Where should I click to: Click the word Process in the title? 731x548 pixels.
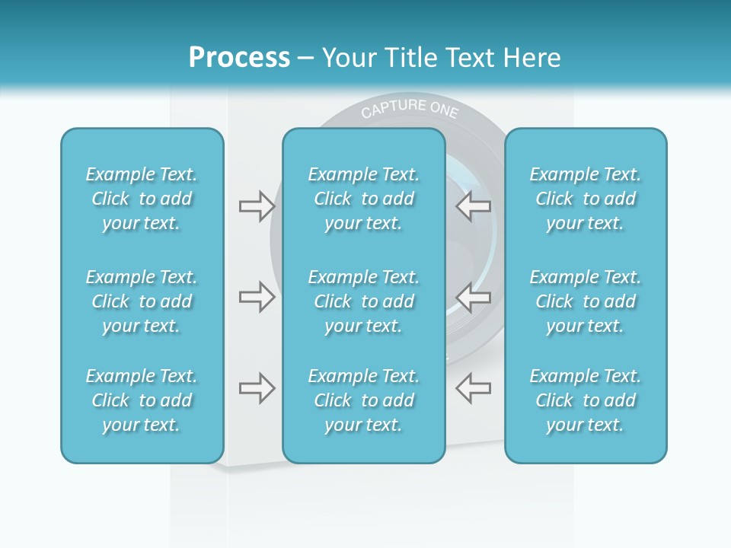point(239,58)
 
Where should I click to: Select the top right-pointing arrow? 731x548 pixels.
point(257,205)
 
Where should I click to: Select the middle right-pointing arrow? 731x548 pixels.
point(257,297)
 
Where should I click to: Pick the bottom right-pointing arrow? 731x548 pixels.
point(257,388)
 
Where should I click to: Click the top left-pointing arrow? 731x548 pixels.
point(473,205)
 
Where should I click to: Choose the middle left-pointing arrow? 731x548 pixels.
point(473,297)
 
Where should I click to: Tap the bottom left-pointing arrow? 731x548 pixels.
point(473,388)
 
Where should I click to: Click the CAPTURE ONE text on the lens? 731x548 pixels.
point(410,110)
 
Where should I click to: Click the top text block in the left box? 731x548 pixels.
point(142,199)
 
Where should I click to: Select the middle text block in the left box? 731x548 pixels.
point(142,301)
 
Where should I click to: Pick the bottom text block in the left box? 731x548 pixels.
point(142,400)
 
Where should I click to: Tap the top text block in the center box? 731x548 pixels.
point(363,199)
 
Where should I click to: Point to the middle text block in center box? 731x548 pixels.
point(363,301)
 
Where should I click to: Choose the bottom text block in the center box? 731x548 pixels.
point(363,400)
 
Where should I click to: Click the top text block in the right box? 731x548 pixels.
point(585,199)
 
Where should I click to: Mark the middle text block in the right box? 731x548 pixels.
point(585,301)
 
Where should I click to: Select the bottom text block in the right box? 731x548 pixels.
point(585,400)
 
